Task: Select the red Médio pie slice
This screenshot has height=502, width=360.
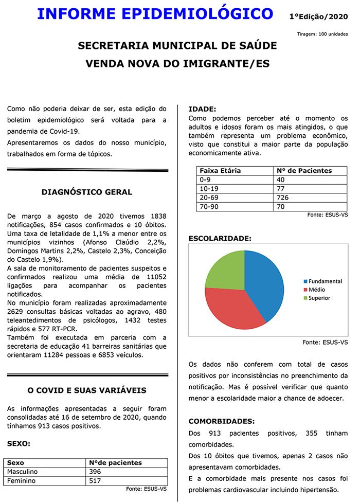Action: (x=231, y=309)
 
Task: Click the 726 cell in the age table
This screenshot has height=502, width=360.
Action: (x=283, y=198)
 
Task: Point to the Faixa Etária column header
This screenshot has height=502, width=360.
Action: (x=220, y=171)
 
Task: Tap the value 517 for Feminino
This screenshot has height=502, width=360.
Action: (x=96, y=481)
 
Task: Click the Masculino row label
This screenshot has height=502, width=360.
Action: (x=23, y=472)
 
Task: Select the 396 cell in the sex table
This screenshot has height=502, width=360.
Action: (x=96, y=472)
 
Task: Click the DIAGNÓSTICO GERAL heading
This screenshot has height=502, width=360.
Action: (x=87, y=192)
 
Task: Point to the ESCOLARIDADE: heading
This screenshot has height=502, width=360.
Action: (x=220, y=239)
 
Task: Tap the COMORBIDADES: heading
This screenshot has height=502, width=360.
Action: (x=221, y=421)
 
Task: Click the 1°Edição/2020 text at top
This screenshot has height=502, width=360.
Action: (x=319, y=17)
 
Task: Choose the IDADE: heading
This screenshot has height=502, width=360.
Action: (x=203, y=110)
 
